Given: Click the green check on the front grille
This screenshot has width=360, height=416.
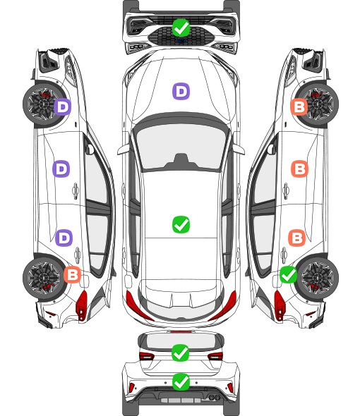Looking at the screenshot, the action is click(x=181, y=27).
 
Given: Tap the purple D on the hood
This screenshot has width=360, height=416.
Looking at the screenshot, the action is click(x=181, y=91).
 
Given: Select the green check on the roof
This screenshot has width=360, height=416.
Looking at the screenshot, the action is click(x=181, y=224).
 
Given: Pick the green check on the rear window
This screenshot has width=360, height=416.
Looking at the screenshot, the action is click(x=181, y=353).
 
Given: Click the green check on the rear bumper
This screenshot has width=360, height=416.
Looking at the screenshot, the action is click(x=181, y=381).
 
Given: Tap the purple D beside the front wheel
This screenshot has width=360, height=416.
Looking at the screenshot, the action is click(x=62, y=106).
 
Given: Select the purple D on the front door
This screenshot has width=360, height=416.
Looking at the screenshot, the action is click(x=61, y=169).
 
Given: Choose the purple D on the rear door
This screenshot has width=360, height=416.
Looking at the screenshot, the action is click(x=64, y=238).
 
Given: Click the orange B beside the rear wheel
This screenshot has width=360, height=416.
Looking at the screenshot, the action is click(x=72, y=274).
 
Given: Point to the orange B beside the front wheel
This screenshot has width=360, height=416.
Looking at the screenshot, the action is click(x=299, y=106).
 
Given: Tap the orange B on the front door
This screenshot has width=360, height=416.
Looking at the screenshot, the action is click(x=300, y=169).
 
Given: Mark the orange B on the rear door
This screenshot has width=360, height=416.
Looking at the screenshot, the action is click(x=297, y=238).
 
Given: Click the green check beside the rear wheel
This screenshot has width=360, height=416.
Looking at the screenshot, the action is click(x=289, y=274).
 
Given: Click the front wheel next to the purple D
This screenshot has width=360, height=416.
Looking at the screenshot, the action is click(x=42, y=104).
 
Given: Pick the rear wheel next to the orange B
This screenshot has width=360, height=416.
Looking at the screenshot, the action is click(x=42, y=278).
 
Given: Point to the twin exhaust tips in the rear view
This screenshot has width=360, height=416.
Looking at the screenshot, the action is click(x=214, y=397).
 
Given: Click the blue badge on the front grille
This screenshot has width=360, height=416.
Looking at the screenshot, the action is click(x=181, y=41).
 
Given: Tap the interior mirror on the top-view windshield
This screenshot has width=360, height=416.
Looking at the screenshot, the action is click(x=181, y=161).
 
